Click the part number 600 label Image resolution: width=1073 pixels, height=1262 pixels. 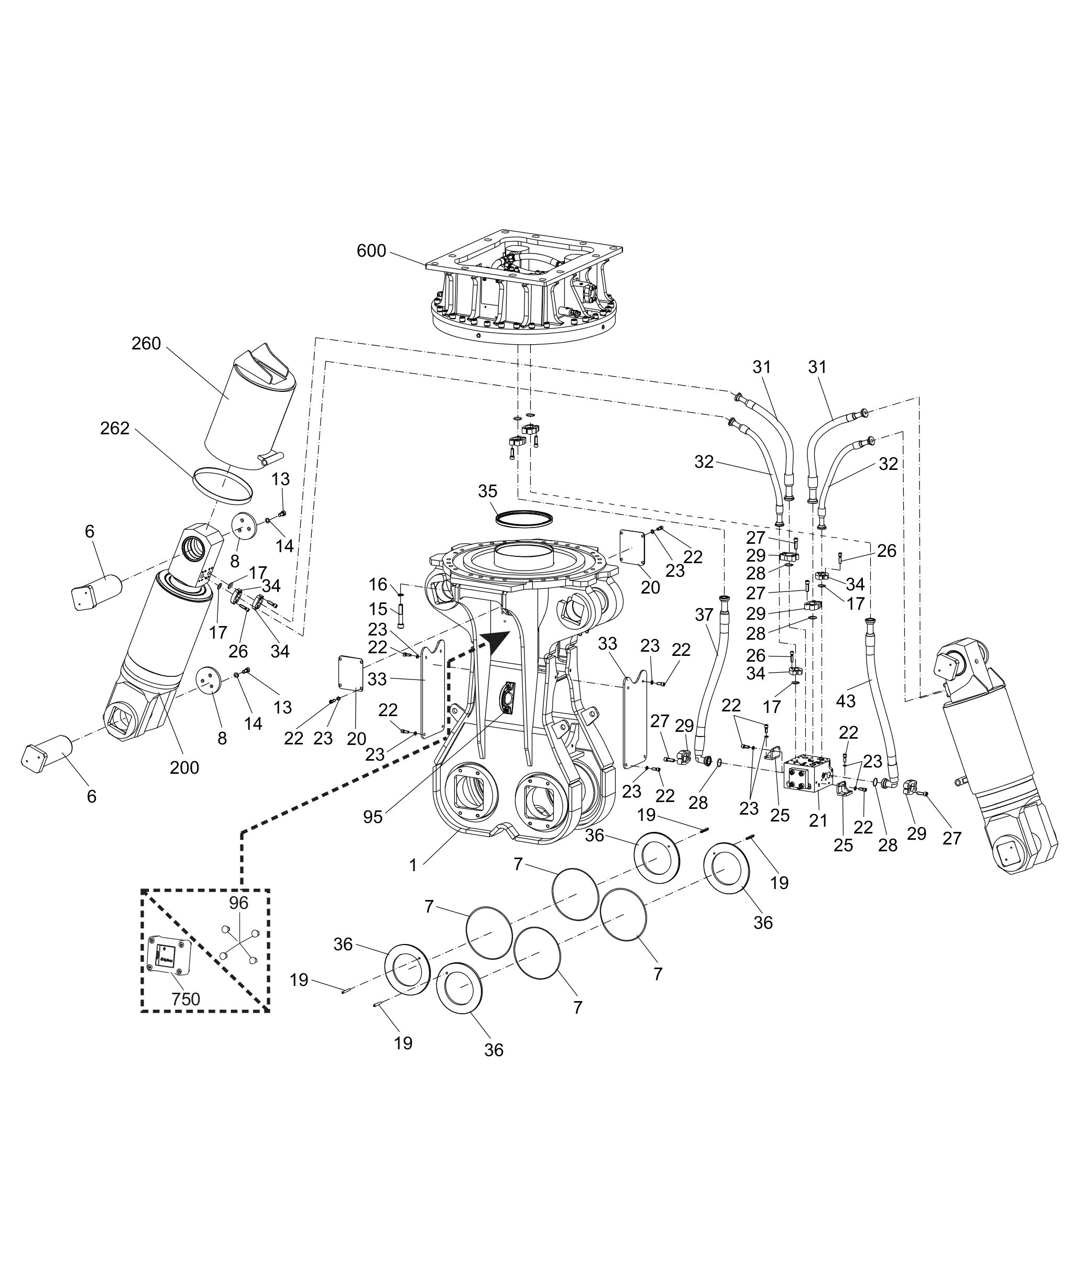coord(371,250)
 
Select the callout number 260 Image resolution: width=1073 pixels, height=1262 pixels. coord(146,344)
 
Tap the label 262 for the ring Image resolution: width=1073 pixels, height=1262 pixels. coord(115,428)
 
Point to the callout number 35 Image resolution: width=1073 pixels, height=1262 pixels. coord(487,491)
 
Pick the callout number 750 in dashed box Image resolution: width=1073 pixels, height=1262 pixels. coord(185,999)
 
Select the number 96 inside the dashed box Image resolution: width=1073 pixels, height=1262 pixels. coord(238,903)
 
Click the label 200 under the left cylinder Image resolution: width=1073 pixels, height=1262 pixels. coord(184,768)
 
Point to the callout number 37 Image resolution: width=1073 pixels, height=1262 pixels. coord(704,615)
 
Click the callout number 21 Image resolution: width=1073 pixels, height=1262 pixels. coord(818,820)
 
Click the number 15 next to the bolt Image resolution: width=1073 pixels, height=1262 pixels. coord(378,609)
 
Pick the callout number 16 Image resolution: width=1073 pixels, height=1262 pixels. coord(378,585)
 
